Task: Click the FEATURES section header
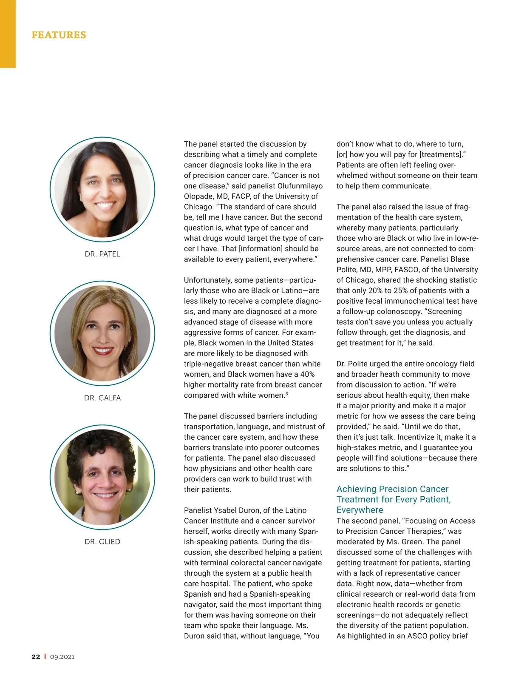click(x=59, y=35)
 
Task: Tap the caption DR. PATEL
click(x=102, y=254)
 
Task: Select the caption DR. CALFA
click(x=102, y=398)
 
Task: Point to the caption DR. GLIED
click(x=102, y=541)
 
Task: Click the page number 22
click(x=36, y=657)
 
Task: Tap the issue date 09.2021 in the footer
click(x=62, y=657)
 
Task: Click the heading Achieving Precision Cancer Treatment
click(x=393, y=499)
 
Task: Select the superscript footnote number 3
click(x=286, y=394)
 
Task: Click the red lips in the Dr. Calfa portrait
click(x=102, y=351)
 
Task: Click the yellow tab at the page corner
click(x=8, y=34)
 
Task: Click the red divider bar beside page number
click(x=45, y=657)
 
